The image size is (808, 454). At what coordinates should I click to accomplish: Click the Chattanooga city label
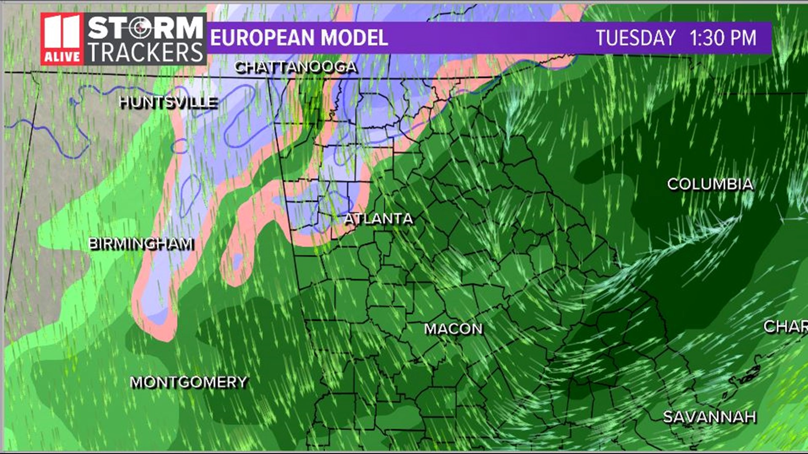[x=295, y=67]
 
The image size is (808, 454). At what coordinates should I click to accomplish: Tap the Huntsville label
[x=168, y=102]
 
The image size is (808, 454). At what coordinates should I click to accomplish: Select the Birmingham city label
[x=141, y=243]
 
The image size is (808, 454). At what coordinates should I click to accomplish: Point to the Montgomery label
[x=189, y=382]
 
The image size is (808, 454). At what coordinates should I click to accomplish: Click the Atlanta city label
[x=378, y=219]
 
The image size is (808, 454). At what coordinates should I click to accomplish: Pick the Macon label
[x=453, y=329]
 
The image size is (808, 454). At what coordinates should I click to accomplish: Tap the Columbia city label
[x=710, y=184]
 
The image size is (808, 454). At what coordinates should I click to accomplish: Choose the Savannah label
[x=710, y=417]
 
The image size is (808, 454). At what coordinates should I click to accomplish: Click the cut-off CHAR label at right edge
[x=785, y=326]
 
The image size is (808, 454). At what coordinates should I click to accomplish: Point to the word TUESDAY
[x=635, y=38]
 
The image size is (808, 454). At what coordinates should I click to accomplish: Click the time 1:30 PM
[x=723, y=38]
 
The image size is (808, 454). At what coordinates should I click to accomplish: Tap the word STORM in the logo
[x=146, y=28]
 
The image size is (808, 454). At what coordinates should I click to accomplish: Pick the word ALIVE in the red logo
[x=62, y=56]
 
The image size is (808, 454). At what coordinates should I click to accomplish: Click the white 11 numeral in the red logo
[x=61, y=33]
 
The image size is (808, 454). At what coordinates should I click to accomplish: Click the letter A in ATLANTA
[x=349, y=219]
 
